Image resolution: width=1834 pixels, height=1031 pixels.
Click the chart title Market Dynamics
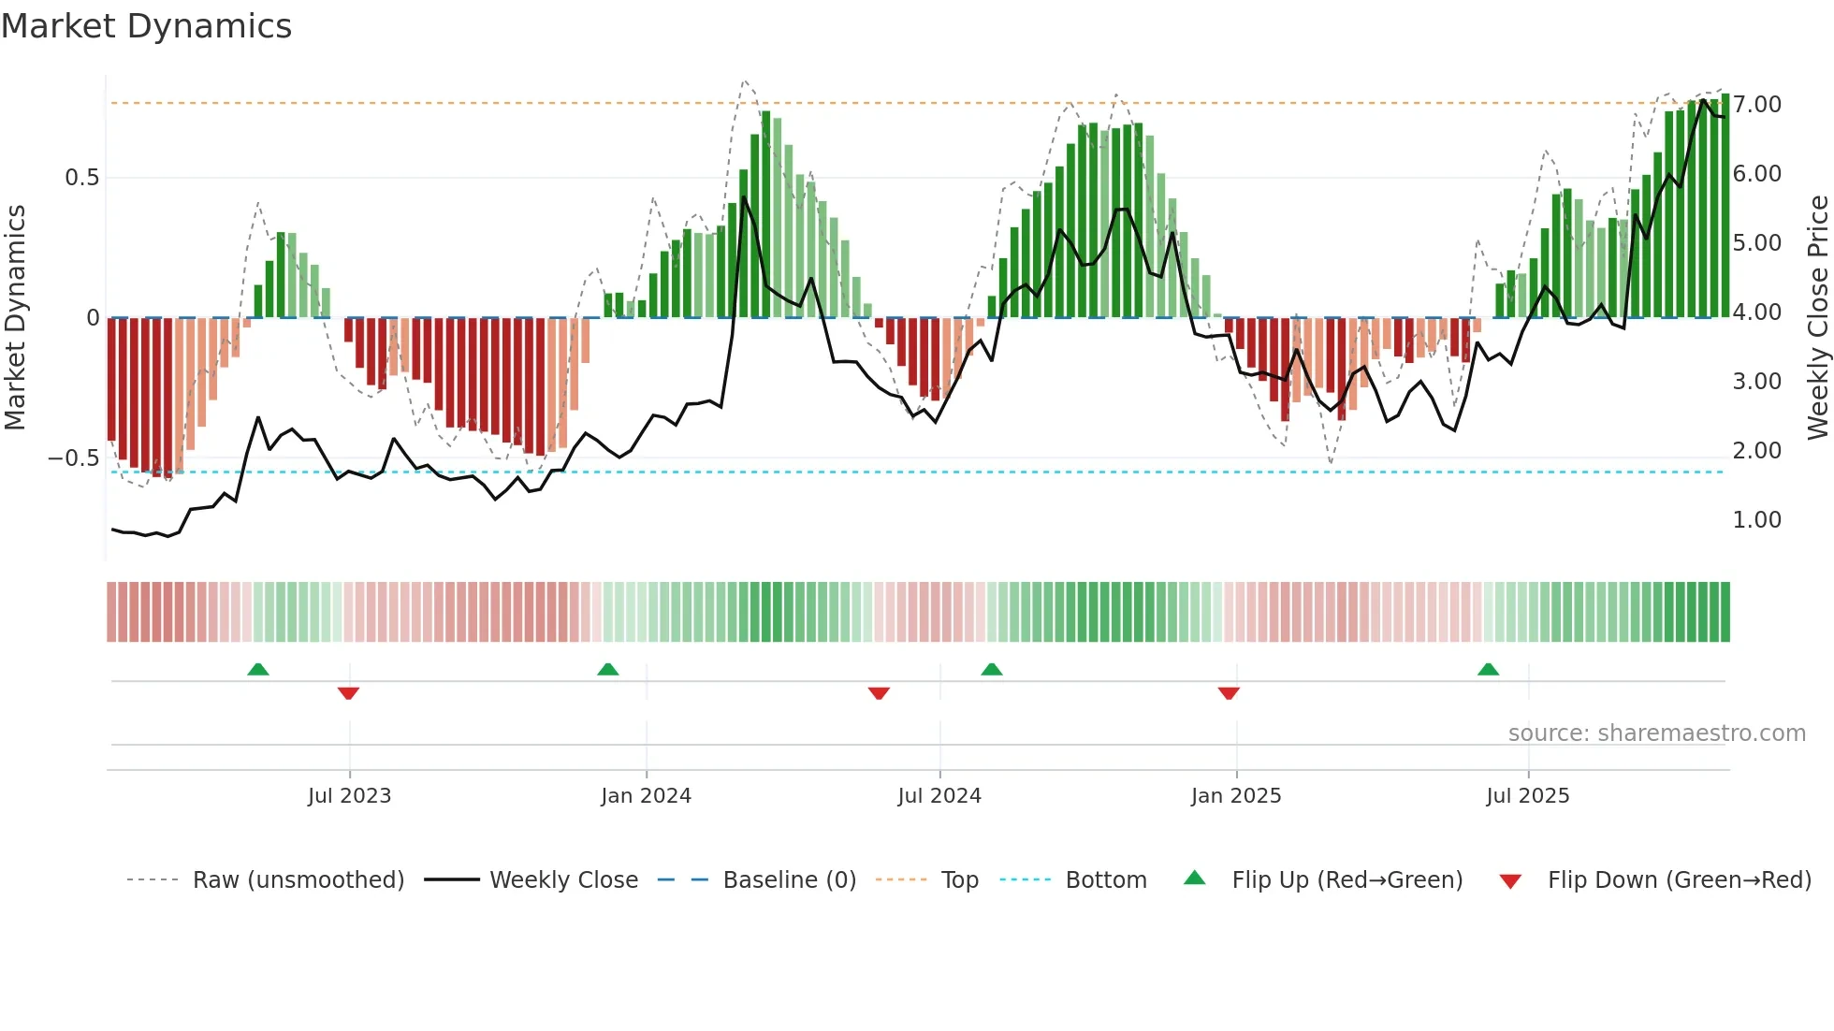pyautogui.click(x=146, y=26)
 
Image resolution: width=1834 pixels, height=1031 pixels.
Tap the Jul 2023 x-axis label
pyautogui.click(x=349, y=796)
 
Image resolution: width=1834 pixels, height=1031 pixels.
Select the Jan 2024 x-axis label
pyautogui.click(x=646, y=796)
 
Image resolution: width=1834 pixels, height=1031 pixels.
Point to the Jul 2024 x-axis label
pyautogui.click(x=939, y=796)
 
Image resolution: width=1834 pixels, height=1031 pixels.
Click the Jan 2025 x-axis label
pyautogui.click(x=1236, y=796)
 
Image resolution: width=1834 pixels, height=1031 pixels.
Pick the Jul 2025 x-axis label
pyautogui.click(x=1528, y=796)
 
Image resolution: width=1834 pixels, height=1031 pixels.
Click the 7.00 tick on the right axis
pyautogui.click(x=1756, y=105)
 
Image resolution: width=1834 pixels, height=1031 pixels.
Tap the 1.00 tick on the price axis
pyautogui.click(x=1756, y=520)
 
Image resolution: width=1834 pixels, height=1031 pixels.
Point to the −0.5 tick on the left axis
pyautogui.click(x=73, y=458)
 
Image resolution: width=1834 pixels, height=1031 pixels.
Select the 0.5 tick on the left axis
pyautogui.click(x=81, y=178)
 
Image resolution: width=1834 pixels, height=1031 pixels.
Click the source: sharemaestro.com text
pyautogui.click(x=1656, y=733)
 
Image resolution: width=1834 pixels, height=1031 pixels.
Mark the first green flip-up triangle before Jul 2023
pyautogui.click(x=258, y=669)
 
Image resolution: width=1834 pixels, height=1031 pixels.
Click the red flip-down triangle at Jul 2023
pyautogui.click(x=348, y=693)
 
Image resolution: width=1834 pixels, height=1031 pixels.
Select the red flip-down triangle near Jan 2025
pyautogui.click(x=1229, y=693)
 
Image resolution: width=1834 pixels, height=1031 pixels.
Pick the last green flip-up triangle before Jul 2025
pyautogui.click(x=1488, y=669)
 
